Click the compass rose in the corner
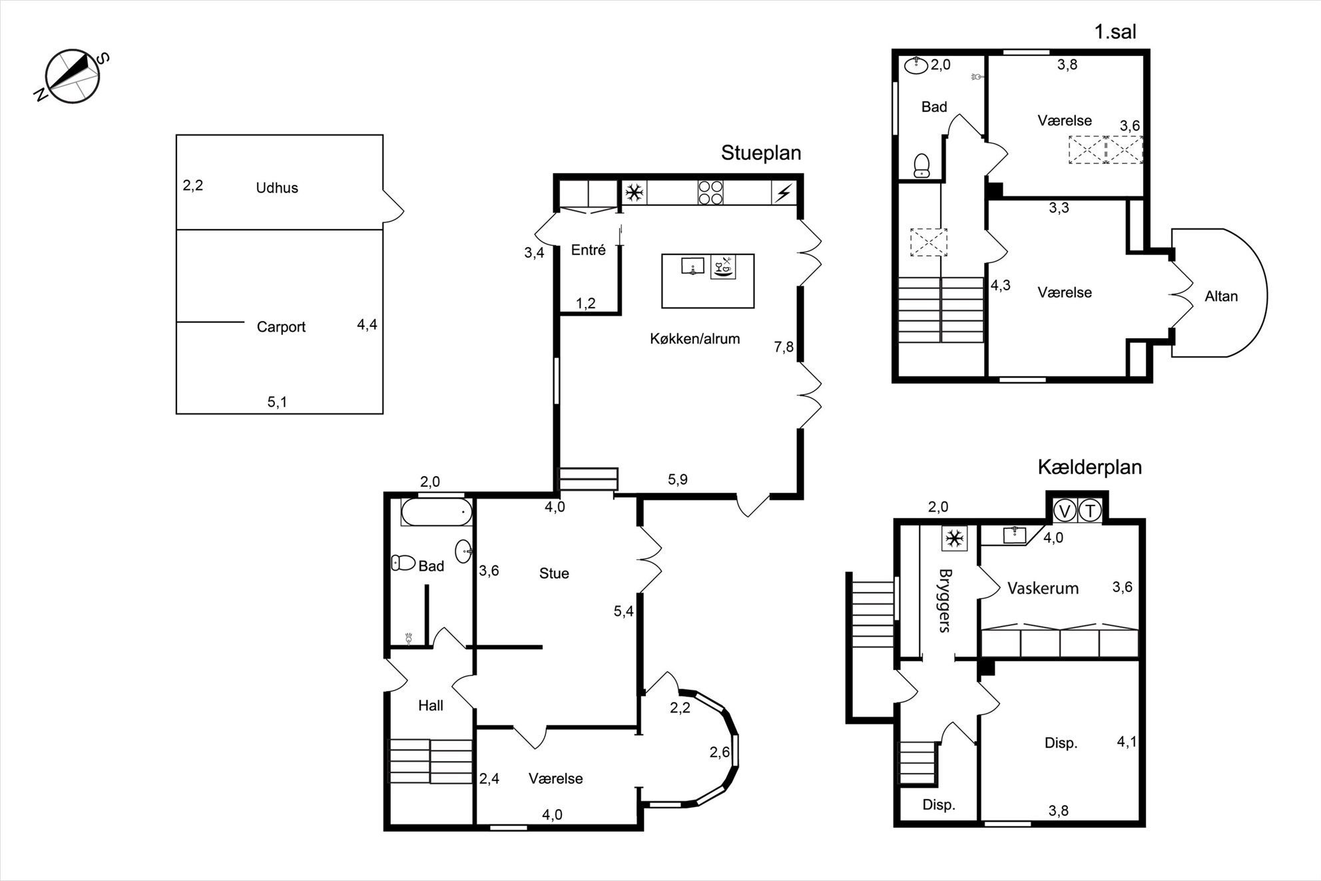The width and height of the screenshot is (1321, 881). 72,77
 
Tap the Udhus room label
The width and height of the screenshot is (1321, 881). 277,188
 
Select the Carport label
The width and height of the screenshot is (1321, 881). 281,327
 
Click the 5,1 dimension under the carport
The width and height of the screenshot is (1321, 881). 277,402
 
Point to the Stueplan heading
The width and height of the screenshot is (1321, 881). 761,153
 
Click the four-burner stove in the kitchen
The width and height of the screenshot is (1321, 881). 710,192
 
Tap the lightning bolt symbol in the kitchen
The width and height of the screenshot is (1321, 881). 784,193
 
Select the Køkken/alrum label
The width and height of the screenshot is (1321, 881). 694,339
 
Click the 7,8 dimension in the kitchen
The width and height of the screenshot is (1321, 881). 784,347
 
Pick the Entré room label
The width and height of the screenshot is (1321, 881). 589,250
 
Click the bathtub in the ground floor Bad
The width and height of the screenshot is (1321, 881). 437,512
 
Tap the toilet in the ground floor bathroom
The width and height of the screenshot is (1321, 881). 403,563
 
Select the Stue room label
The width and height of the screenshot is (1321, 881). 554,573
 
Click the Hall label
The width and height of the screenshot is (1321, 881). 431,705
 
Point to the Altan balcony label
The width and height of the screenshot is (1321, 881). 1221,296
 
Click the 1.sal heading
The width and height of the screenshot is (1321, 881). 1115,31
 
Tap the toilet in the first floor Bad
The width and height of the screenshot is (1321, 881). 922,165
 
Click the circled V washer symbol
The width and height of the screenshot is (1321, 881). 1064,511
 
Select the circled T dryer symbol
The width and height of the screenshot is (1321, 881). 1090,511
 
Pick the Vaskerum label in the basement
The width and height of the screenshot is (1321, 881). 1043,588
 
